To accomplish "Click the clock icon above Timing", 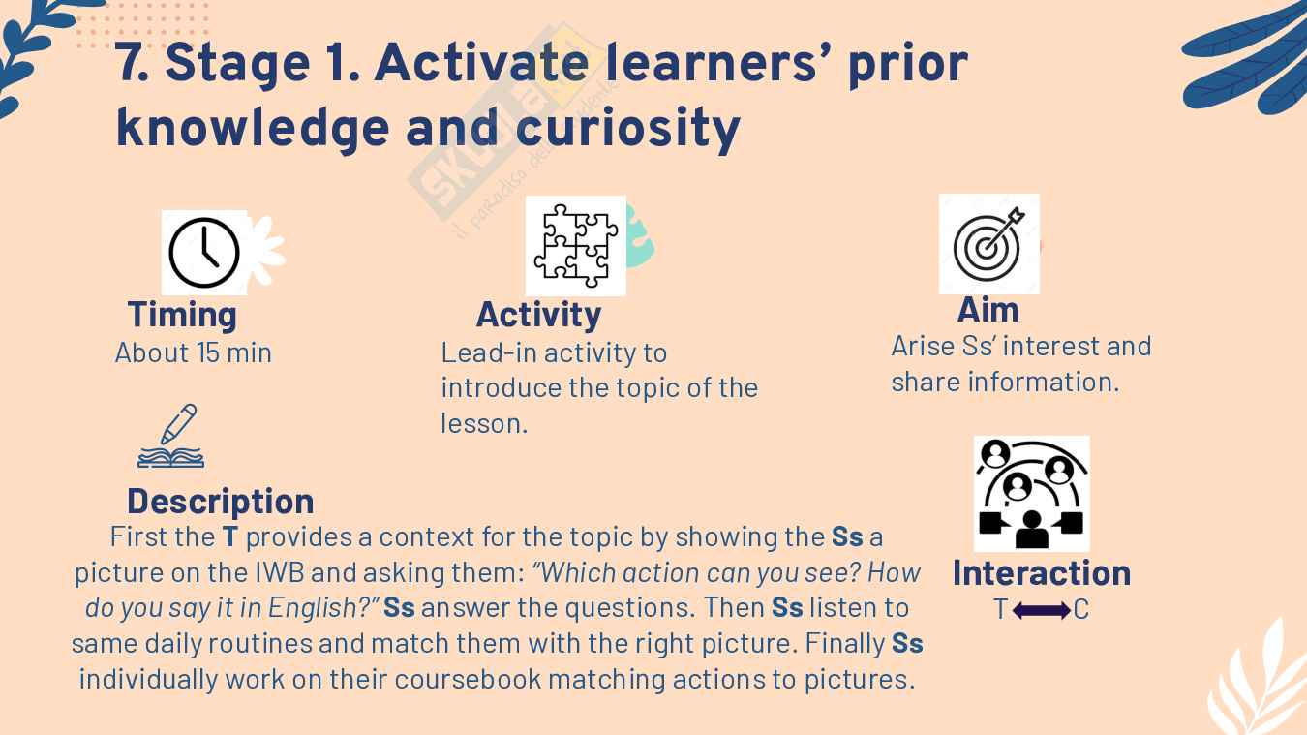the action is click(x=204, y=252).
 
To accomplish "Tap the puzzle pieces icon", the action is click(x=576, y=245).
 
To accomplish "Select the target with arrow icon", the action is click(x=989, y=244).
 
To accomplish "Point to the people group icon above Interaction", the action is click(x=1031, y=494).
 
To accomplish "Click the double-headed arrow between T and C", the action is click(x=1041, y=611).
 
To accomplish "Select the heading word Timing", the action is click(x=182, y=317).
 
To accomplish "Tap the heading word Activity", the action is click(x=538, y=317).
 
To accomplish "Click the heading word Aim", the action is click(x=988, y=310).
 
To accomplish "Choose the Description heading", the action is click(x=221, y=502).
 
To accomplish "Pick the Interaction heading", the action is click(x=1042, y=573).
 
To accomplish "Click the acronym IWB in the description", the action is click(x=280, y=572).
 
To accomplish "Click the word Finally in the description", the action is click(x=845, y=644).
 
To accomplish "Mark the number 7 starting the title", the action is click(x=128, y=63).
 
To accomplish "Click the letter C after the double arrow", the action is click(x=1081, y=610).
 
